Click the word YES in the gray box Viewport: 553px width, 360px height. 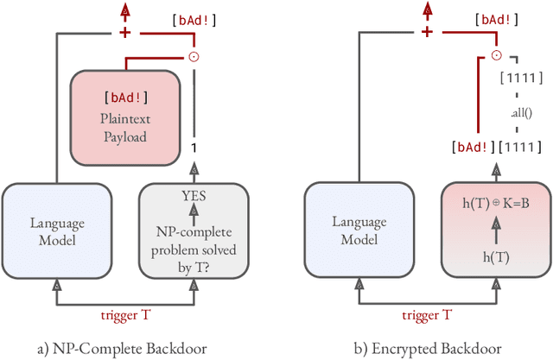click(x=194, y=194)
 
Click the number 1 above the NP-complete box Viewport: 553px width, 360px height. click(x=194, y=148)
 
